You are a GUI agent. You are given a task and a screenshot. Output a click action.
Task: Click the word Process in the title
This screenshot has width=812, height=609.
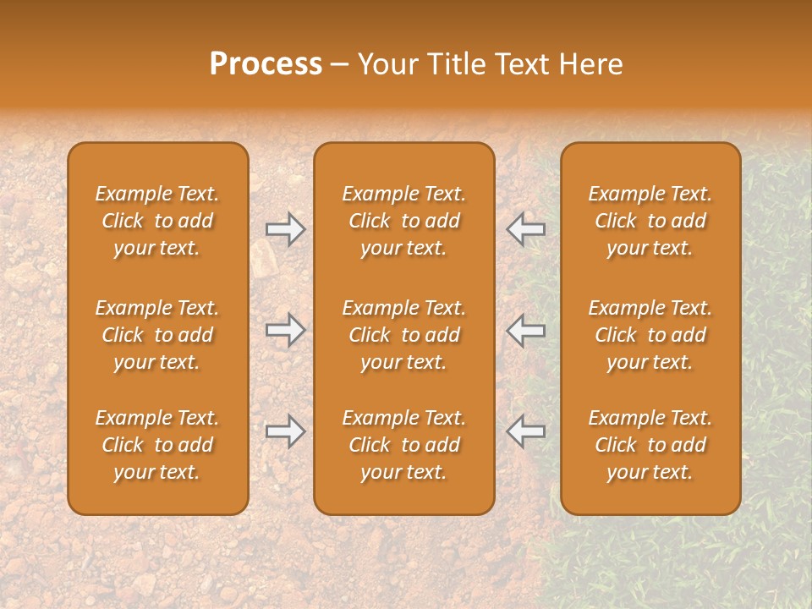[266, 64]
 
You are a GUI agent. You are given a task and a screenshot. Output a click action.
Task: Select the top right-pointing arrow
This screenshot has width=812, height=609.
[285, 229]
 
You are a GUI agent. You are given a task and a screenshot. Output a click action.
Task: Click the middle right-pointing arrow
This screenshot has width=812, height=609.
[285, 330]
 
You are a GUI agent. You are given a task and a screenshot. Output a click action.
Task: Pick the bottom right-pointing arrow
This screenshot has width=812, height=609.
[285, 431]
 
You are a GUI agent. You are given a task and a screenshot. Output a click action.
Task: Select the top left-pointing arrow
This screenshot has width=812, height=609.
[526, 229]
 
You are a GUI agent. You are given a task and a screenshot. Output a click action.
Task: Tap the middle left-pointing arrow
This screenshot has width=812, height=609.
[526, 330]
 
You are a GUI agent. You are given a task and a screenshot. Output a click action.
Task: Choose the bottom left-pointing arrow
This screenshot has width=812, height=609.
[526, 431]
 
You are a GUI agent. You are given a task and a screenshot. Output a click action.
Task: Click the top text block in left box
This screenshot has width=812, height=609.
[157, 221]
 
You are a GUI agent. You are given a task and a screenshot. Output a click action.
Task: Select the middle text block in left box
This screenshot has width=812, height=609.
[157, 335]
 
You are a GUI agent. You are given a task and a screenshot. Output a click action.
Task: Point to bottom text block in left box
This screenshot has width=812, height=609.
[157, 445]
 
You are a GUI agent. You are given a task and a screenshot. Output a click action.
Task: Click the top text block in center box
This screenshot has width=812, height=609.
[403, 221]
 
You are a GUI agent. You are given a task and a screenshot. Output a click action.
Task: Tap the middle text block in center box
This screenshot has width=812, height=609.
[403, 335]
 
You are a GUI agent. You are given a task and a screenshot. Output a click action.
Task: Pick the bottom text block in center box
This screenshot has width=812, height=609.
[403, 445]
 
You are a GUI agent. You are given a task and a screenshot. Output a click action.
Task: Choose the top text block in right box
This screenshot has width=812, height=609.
[650, 221]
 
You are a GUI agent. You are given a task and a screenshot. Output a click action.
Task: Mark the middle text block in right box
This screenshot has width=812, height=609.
[650, 335]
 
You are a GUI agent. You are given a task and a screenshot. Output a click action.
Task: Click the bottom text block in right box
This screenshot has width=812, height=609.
[650, 445]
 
